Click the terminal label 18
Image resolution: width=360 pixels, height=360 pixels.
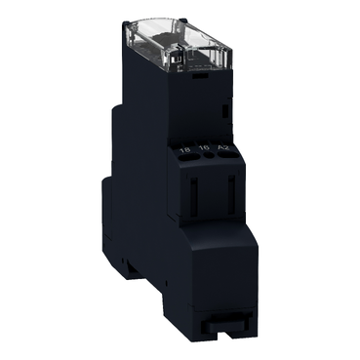[x=185, y=149]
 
